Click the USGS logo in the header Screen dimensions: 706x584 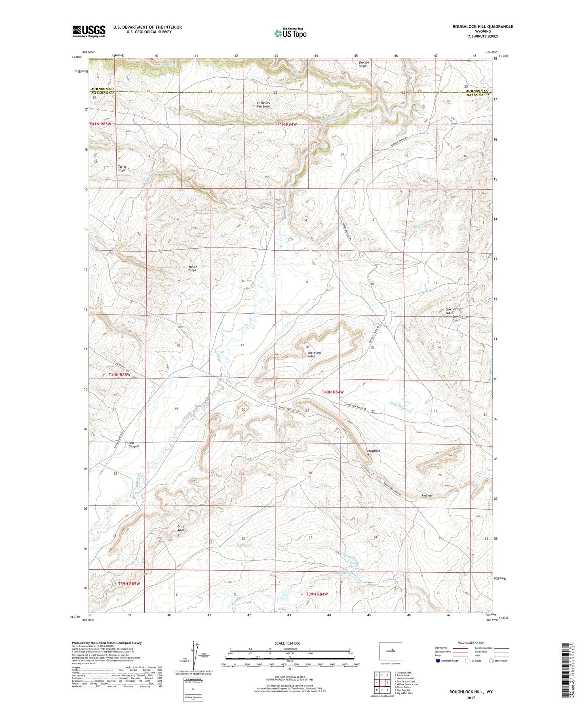point(89,31)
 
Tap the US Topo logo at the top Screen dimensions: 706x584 point(290,33)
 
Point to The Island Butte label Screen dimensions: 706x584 point(314,354)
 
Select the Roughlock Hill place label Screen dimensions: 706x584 point(373,452)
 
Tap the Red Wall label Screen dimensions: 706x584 point(427,495)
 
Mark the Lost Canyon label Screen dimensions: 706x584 point(133,444)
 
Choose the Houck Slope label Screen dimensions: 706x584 point(193,268)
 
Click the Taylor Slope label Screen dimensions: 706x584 point(122,168)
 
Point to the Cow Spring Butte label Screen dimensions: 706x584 point(453,311)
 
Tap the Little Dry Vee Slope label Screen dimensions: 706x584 point(264,104)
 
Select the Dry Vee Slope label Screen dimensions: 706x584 point(364,64)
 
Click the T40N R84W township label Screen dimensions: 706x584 point(333,392)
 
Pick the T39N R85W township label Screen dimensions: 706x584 point(129,583)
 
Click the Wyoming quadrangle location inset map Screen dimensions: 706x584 point(390,651)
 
